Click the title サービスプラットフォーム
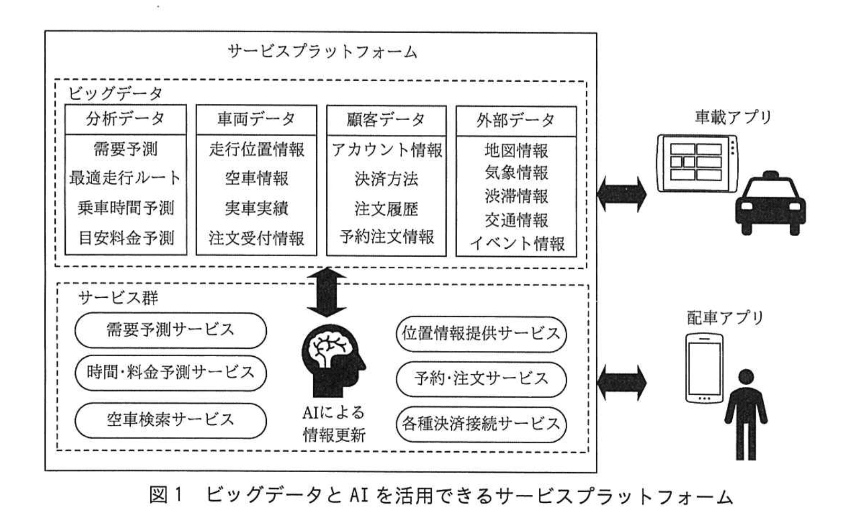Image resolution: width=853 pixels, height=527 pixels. point(322,52)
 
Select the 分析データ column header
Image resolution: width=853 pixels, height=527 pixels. point(125,119)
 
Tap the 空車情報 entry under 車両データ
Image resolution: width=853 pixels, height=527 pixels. point(256,179)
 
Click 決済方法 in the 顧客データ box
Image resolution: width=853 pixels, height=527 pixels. point(386,179)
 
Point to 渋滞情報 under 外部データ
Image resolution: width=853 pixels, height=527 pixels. point(516,196)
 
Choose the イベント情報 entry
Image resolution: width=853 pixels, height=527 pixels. point(517,243)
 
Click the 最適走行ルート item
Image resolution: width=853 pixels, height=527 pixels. point(125,178)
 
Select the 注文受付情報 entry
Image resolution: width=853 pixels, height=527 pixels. point(256,238)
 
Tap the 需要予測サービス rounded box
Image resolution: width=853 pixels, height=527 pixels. point(170,330)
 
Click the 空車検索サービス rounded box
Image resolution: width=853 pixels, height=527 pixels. point(170,420)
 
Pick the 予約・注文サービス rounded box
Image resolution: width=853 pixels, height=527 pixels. point(481,378)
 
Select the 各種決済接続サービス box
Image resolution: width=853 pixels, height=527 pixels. point(481,424)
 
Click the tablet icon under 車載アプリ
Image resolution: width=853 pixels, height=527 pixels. point(697,162)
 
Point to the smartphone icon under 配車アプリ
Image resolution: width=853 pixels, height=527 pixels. point(704,368)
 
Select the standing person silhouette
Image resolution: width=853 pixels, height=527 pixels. point(746,414)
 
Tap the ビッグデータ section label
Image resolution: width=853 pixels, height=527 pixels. point(115,94)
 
